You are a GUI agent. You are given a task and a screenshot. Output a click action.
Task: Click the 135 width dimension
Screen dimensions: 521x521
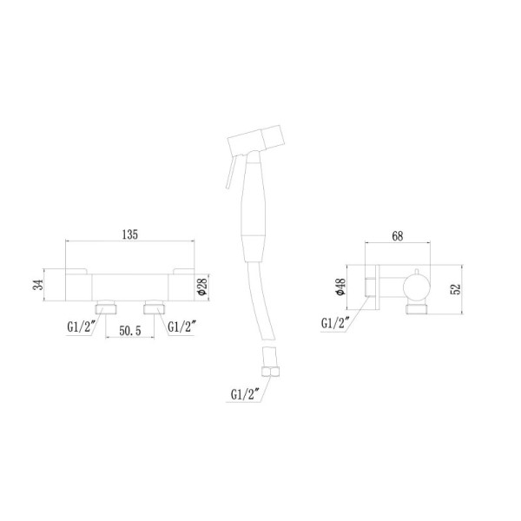pos(129,234)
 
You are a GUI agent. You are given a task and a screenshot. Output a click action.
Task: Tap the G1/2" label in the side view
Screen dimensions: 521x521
pos(337,323)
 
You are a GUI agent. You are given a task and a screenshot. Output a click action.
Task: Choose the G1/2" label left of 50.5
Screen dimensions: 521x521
pos(83,326)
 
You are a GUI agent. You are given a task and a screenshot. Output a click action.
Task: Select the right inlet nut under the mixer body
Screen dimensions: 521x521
pos(155,306)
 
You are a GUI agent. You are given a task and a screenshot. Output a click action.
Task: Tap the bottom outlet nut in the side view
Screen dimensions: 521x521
pos(414,308)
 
